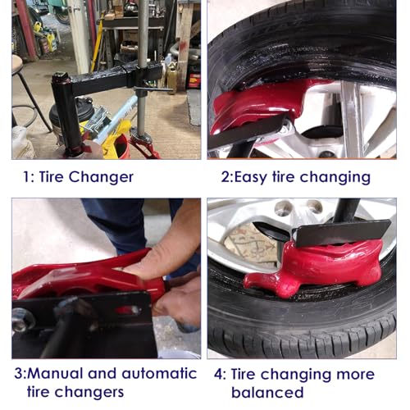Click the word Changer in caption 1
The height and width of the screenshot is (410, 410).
click(101, 177)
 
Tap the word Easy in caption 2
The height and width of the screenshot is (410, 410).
click(250, 177)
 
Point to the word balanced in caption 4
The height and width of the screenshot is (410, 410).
click(267, 392)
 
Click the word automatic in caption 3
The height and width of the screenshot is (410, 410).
click(159, 373)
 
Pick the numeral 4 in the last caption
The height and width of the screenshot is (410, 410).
click(218, 374)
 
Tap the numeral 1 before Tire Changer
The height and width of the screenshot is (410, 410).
click(27, 177)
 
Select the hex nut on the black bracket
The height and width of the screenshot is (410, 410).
click(20, 320)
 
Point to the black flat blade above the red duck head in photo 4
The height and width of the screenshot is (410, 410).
click(343, 233)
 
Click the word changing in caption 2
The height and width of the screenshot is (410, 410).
click(335, 177)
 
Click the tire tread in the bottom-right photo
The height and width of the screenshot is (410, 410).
click(301, 334)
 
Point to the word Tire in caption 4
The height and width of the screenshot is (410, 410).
click(242, 374)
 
